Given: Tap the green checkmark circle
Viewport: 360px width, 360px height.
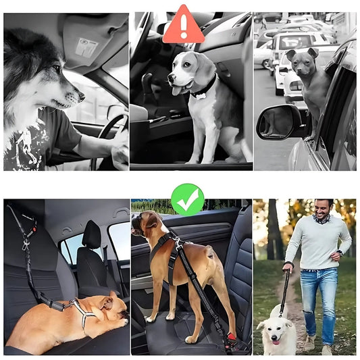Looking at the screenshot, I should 187,199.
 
